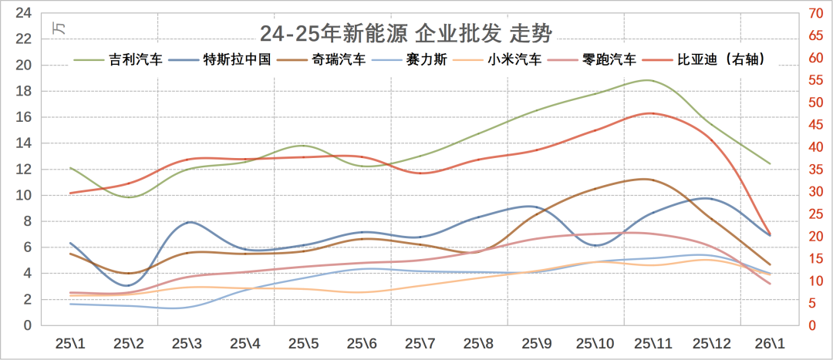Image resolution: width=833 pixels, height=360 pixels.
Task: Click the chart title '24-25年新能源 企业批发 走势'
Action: [x=406, y=33]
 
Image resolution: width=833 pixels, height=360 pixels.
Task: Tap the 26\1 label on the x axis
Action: [x=769, y=342]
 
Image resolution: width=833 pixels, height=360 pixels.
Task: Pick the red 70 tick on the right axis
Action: [x=814, y=13]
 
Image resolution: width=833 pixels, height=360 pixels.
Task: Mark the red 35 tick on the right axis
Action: [x=814, y=170]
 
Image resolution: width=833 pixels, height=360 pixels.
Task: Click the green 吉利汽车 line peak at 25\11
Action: [x=648, y=80]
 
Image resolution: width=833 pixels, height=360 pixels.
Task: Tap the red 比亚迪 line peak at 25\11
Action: [x=650, y=113]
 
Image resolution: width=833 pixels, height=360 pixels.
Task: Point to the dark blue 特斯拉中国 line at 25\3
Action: [x=190, y=222]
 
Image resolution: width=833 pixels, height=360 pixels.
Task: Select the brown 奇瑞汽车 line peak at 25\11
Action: [x=648, y=179]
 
